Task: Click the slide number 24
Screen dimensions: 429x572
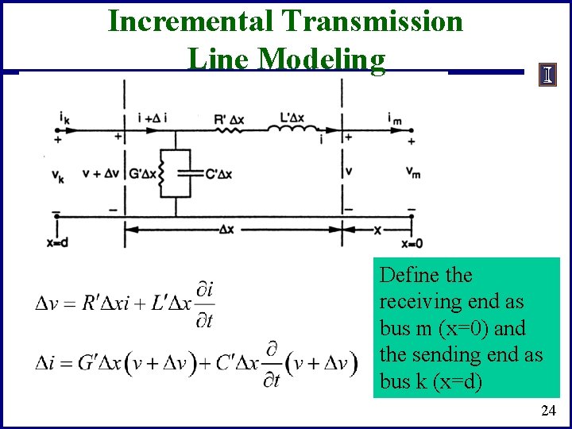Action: point(548,410)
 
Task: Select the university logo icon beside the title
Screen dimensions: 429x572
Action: point(548,76)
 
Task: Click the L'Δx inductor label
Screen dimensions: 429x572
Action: point(295,119)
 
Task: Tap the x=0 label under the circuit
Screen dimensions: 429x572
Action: point(412,243)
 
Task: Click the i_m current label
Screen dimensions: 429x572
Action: point(394,118)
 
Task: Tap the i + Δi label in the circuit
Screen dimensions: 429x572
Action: point(152,118)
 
